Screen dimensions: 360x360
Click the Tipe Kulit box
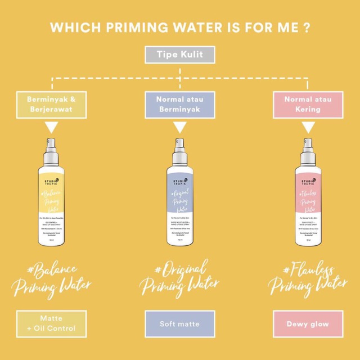[x=180, y=56]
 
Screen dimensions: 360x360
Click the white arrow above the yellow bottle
[x=51, y=128]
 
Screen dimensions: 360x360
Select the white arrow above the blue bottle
[x=180, y=128]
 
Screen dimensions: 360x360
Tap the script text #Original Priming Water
[x=180, y=277]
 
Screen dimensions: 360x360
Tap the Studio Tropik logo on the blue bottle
[x=180, y=181]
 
